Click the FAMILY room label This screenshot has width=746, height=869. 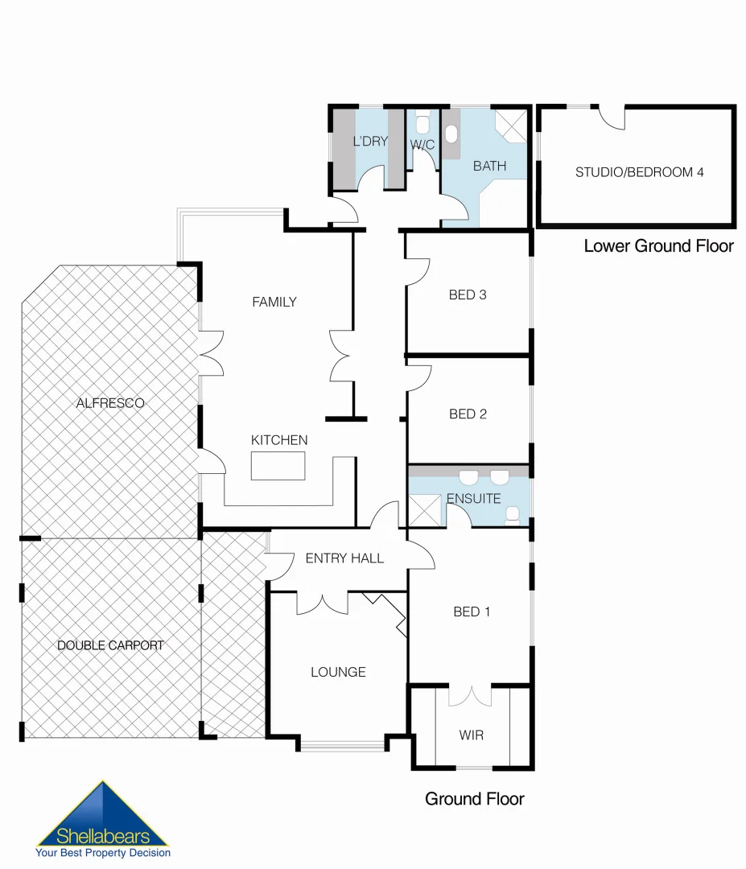tap(274, 303)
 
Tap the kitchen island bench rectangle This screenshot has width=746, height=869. tap(278, 466)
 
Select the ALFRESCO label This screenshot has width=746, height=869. tap(110, 403)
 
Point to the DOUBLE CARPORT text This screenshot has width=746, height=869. tap(110, 645)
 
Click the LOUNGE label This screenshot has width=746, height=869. tap(338, 672)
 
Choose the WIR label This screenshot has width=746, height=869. tap(472, 735)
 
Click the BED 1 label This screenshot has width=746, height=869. tap(472, 612)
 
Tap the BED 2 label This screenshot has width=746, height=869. tap(468, 414)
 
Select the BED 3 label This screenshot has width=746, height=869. tap(468, 294)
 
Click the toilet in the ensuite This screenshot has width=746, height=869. tap(513, 513)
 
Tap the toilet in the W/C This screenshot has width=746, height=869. tap(422, 123)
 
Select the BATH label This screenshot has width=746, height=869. tap(489, 167)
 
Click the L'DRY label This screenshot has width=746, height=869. tap(370, 142)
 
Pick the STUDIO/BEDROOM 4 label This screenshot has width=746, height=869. tap(639, 172)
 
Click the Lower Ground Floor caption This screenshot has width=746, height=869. tap(658, 246)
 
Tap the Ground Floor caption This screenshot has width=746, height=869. tap(474, 799)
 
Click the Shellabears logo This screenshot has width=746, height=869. tap(102, 821)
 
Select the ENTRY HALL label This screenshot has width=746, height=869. tap(344, 558)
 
